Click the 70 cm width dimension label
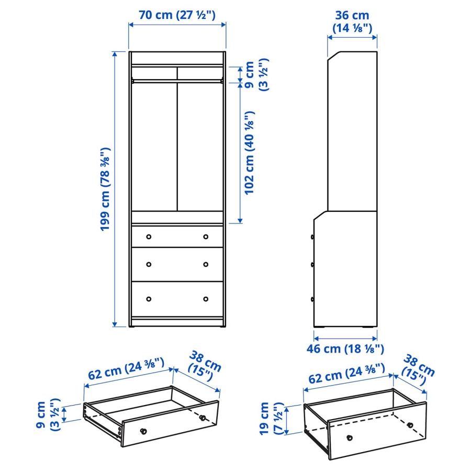point(177,15)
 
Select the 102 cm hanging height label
point(250,152)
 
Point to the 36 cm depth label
point(352,22)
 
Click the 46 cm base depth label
point(349,349)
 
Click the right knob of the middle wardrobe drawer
point(205,264)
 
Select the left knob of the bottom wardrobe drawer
point(149,299)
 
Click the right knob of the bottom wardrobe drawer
point(205,299)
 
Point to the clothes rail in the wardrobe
point(177,80)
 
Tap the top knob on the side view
point(313,237)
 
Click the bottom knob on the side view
point(313,299)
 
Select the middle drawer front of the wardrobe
point(177,264)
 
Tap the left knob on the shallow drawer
point(143,431)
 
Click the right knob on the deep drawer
point(410,424)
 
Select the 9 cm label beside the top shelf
point(256,76)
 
